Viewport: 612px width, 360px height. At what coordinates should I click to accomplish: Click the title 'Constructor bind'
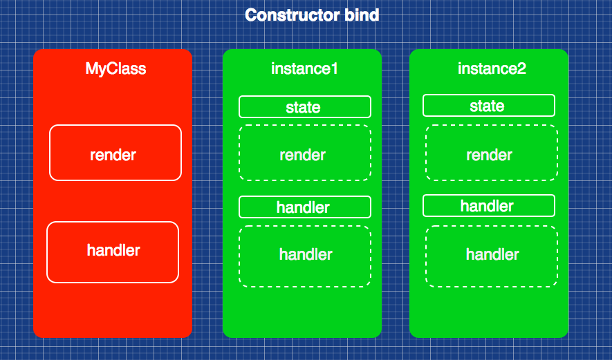pos(312,15)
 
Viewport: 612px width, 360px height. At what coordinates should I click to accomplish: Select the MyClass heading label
pos(115,69)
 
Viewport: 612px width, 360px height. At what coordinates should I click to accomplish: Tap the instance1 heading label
pos(304,69)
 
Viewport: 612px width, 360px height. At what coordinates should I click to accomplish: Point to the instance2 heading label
pos(492,69)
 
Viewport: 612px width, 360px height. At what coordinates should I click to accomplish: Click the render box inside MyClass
pos(115,153)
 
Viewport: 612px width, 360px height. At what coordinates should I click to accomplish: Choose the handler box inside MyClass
pos(113,252)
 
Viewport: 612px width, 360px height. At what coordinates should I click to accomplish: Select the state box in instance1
pos(305,107)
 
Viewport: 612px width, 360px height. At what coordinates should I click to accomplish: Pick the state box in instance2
pos(488,106)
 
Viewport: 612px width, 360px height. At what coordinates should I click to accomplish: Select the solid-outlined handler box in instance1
pos(305,207)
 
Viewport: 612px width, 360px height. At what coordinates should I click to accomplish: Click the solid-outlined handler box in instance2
pos(488,206)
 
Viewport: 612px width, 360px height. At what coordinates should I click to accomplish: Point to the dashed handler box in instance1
pos(305,256)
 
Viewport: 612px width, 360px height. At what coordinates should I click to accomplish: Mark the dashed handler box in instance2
pos(491,256)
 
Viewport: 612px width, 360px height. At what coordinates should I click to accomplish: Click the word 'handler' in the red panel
pos(113,250)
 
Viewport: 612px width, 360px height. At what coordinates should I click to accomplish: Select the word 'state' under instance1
pos(303,108)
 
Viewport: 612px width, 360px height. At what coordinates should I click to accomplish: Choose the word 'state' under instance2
pos(487,106)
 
